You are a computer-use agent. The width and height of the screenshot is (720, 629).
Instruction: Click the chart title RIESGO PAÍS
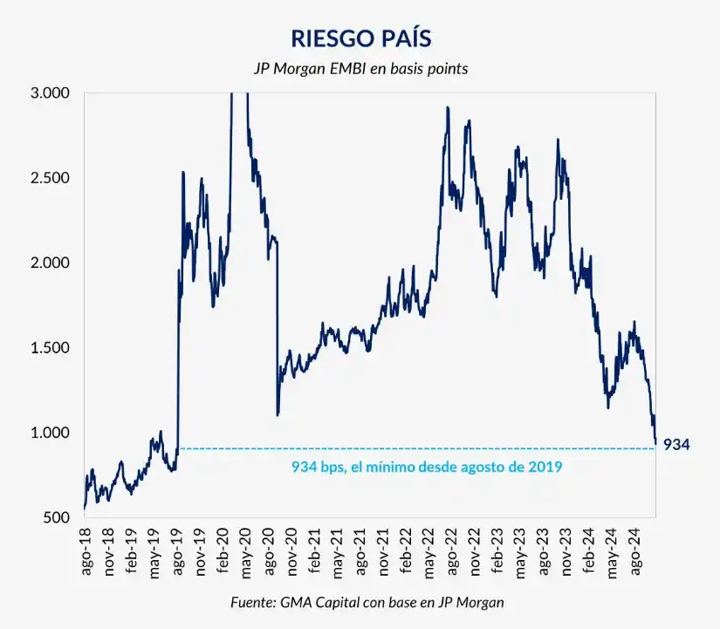(x=361, y=39)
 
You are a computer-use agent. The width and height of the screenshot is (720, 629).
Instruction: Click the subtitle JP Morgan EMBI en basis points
(x=361, y=68)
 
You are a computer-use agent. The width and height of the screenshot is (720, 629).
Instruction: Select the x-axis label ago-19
(x=180, y=550)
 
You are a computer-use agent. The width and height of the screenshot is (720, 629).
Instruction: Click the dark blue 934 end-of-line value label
(x=676, y=445)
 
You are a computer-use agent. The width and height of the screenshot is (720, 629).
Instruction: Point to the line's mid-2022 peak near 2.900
(x=448, y=108)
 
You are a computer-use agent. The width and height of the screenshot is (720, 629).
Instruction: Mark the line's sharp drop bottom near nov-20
(x=278, y=414)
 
